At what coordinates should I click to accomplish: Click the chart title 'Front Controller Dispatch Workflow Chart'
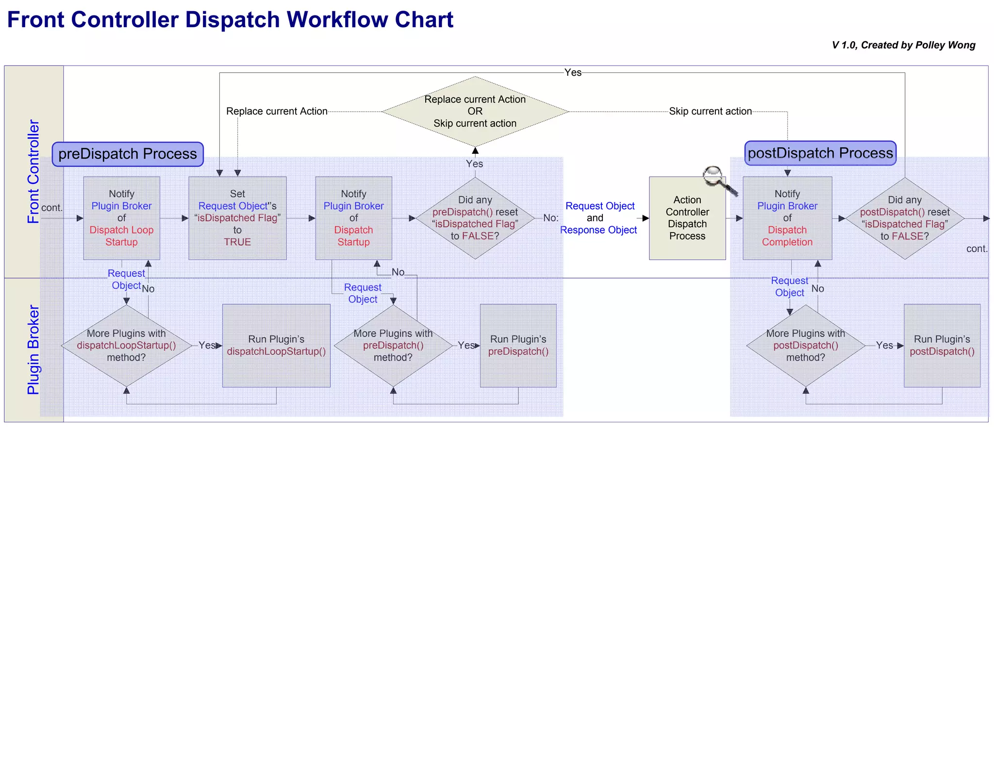[230, 20]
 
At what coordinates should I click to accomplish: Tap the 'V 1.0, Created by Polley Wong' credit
[903, 45]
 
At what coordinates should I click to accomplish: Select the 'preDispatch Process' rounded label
[128, 154]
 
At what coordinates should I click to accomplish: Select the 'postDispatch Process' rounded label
[820, 153]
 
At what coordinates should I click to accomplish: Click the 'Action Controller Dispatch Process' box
[687, 218]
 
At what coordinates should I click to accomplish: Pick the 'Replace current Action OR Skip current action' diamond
[475, 111]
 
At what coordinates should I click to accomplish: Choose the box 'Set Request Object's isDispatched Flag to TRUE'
[237, 218]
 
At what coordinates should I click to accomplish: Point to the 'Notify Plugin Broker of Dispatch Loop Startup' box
[121, 218]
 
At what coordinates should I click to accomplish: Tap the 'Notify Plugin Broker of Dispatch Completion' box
[787, 218]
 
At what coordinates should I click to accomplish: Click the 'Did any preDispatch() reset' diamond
[475, 218]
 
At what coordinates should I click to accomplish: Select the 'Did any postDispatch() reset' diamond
[904, 218]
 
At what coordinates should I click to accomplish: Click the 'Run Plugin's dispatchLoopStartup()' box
[276, 345]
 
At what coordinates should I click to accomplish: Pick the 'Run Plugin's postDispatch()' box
[942, 345]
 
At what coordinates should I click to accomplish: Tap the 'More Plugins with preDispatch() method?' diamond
[393, 345]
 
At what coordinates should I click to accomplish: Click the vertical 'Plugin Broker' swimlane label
[33, 350]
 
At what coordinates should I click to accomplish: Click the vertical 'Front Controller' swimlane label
[33, 171]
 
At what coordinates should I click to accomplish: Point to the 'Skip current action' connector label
[710, 111]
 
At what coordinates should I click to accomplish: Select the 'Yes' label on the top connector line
[573, 73]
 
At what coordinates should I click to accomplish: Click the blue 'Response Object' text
[598, 230]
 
